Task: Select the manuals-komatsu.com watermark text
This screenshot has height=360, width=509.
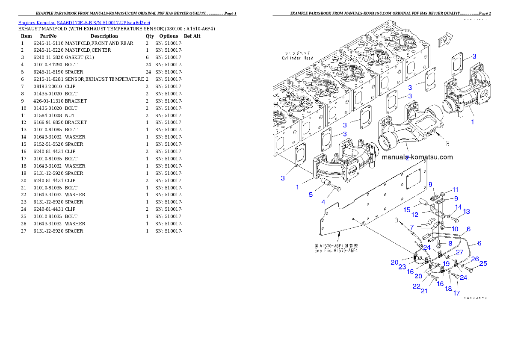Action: point(417,157)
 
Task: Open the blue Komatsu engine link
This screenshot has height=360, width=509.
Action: point(84,22)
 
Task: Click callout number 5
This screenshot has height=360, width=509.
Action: point(311,194)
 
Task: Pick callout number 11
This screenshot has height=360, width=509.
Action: point(455,189)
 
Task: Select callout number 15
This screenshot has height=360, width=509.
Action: point(407,210)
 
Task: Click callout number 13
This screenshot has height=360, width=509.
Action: point(467,211)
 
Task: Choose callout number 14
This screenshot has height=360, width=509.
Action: point(458,207)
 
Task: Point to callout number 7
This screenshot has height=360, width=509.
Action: point(411,227)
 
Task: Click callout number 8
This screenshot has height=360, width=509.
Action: point(450,243)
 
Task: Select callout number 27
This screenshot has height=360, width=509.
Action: point(459,252)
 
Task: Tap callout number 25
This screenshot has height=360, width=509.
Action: point(483,263)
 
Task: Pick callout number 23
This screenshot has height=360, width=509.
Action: point(402,266)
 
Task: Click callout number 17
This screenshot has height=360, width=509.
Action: point(456,293)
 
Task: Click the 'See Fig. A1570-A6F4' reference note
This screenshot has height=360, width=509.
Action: point(336,249)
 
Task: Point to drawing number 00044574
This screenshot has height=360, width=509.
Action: point(475,298)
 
